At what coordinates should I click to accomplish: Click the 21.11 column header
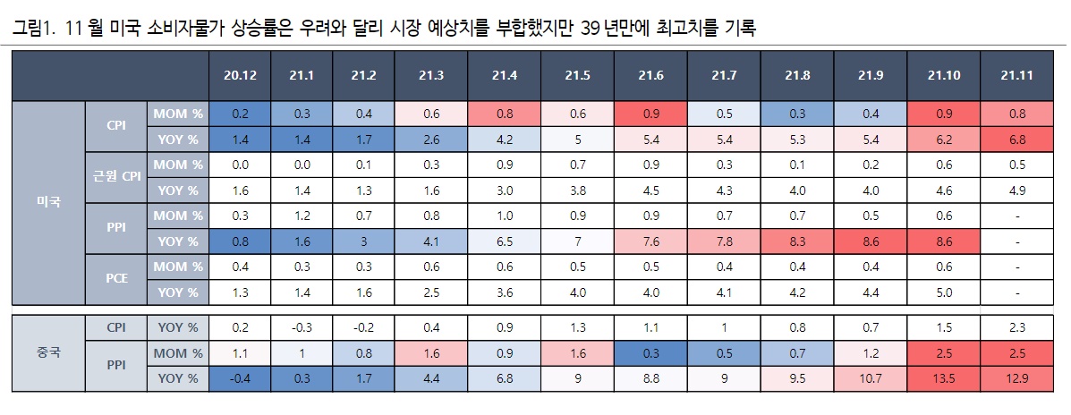click(x=1018, y=75)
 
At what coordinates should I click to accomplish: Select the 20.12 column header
click(x=240, y=75)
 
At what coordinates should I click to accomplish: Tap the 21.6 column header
click(x=650, y=75)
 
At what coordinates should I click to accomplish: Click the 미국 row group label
click(x=48, y=202)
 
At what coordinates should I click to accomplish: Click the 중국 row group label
click(x=48, y=352)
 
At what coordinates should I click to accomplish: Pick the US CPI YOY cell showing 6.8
click(x=1018, y=140)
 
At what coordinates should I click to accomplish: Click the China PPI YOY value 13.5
click(x=944, y=378)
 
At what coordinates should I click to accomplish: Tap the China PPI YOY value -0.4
click(x=240, y=378)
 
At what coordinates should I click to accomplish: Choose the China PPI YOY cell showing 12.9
click(x=1018, y=378)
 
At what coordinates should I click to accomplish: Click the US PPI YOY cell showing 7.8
click(x=723, y=241)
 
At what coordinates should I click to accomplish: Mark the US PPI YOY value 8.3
click(x=796, y=241)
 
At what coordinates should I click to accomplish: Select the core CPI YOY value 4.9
click(x=1018, y=190)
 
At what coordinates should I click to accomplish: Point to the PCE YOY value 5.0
click(x=944, y=292)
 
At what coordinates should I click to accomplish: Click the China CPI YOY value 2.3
click(x=1018, y=327)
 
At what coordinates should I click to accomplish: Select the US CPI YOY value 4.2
click(x=504, y=140)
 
